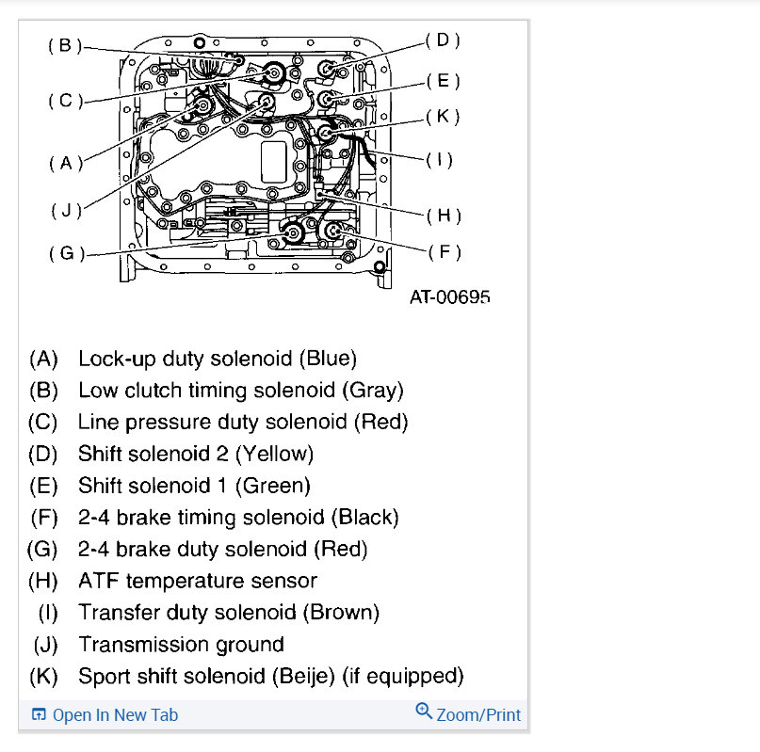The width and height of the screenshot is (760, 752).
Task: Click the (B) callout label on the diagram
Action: click(x=65, y=44)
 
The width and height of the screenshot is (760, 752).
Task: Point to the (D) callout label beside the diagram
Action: click(x=443, y=40)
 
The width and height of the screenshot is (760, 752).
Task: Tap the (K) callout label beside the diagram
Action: click(x=443, y=117)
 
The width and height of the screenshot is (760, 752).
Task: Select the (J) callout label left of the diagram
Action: click(x=65, y=210)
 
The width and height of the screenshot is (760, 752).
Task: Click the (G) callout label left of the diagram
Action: click(x=65, y=254)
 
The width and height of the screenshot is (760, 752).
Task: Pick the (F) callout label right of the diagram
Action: click(x=444, y=252)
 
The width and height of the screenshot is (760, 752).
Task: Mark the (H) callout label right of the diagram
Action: click(x=444, y=216)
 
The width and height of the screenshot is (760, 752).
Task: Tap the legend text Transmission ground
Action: click(x=181, y=645)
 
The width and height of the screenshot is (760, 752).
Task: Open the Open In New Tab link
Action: click(x=115, y=715)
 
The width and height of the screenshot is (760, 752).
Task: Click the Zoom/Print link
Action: click(x=478, y=715)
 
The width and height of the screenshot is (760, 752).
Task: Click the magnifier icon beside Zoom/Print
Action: click(x=424, y=712)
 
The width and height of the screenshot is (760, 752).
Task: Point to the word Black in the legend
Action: click(x=367, y=518)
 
